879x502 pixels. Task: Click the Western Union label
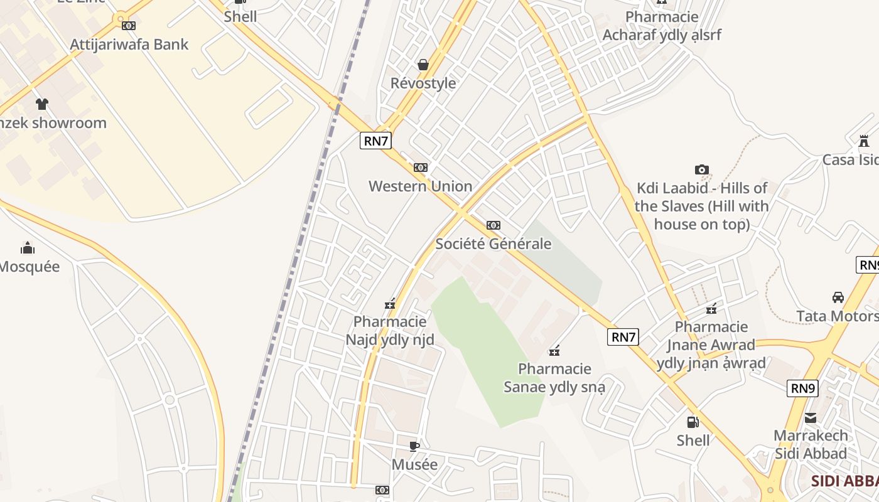[420, 186]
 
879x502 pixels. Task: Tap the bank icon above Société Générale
[493, 225]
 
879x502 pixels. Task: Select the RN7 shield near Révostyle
[375, 141]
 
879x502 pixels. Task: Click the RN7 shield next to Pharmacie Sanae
[623, 337]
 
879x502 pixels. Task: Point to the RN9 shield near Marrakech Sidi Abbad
[802, 388]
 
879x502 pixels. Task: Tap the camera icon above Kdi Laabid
[702, 169]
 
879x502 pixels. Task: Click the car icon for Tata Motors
[838, 297]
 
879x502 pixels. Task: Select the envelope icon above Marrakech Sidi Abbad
[811, 417]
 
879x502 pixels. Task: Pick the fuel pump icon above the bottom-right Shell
[693, 422]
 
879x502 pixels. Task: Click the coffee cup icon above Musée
[414, 446]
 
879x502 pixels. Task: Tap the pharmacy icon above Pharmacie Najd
[390, 304]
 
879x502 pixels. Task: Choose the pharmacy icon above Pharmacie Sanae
[554, 351]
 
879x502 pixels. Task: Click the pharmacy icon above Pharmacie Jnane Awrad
[711, 309]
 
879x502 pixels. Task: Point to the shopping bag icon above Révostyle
[423, 65]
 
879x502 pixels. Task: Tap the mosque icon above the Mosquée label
[28, 248]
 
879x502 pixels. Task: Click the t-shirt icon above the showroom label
[41, 104]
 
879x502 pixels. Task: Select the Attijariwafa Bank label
[129, 44]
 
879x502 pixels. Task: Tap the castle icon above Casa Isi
[864, 141]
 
